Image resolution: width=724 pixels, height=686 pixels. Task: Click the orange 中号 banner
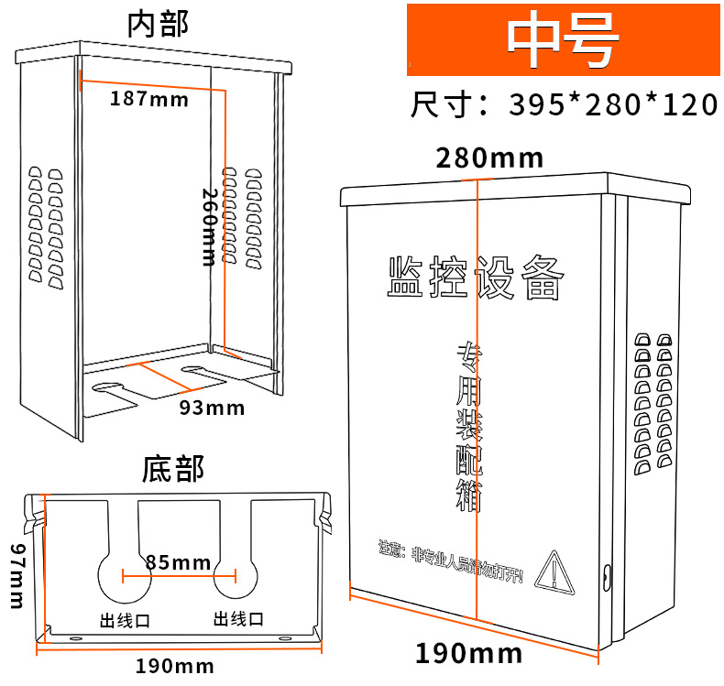coord(563,40)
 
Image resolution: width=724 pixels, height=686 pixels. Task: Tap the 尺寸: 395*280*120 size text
coord(563,104)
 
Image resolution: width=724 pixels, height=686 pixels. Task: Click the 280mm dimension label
coord(489,158)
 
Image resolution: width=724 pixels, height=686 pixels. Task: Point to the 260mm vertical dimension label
coord(210,227)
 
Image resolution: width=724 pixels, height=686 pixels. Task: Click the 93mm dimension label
coord(212,408)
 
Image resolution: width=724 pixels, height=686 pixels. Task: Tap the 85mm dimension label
coord(178,561)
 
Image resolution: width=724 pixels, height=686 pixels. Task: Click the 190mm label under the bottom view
coord(175,665)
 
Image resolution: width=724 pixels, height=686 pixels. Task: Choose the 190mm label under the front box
coord(468,653)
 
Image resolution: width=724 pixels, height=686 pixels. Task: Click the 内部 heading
coord(158,24)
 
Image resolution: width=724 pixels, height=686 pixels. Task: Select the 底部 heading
coord(173,469)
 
